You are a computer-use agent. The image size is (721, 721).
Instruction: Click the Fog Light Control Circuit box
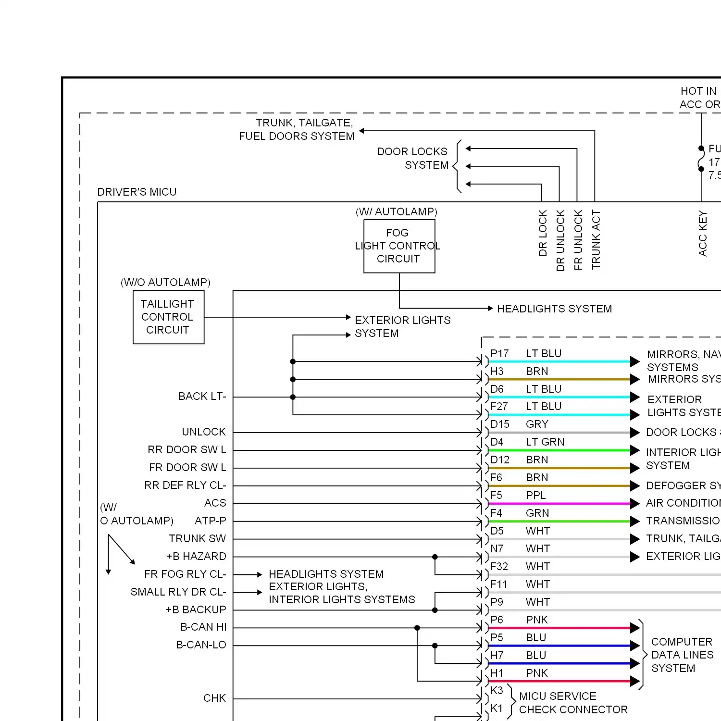click(x=399, y=246)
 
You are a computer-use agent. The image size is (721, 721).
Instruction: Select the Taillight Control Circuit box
click(x=168, y=317)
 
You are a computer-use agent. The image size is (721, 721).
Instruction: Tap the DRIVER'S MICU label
click(x=137, y=192)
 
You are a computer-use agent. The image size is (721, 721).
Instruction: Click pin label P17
click(x=499, y=354)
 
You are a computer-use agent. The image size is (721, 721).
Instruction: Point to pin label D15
click(x=500, y=424)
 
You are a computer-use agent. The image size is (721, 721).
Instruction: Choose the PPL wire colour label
click(x=535, y=495)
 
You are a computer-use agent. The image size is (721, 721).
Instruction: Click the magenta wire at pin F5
click(x=558, y=504)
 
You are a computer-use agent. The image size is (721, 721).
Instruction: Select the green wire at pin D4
click(x=558, y=450)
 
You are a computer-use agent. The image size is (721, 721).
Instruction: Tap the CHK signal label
click(x=214, y=698)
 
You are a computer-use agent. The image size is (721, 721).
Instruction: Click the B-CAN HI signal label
click(x=203, y=627)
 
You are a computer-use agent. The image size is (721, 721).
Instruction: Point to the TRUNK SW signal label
click(x=197, y=538)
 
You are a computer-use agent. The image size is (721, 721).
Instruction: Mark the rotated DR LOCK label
click(x=543, y=233)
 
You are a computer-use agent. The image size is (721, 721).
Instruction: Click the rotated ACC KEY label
click(x=702, y=233)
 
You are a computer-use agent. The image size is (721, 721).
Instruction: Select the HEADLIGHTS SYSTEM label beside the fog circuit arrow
click(x=554, y=309)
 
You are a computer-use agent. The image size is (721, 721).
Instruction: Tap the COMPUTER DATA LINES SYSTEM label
click(x=682, y=655)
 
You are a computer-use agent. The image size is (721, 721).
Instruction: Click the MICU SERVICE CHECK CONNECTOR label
click(x=573, y=703)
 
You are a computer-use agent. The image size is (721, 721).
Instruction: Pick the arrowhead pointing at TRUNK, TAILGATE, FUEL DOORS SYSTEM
click(x=362, y=131)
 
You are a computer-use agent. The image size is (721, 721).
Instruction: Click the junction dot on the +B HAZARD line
click(x=435, y=557)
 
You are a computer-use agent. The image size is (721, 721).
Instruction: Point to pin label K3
click(x=497, y=691)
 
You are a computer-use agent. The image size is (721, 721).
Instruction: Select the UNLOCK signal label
click(x=204, y=432)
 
